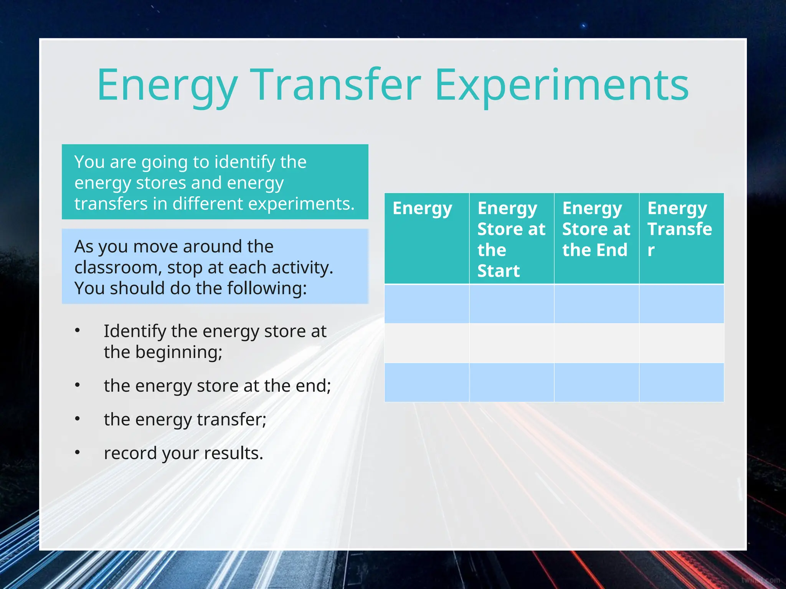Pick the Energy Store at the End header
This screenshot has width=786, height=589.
596,229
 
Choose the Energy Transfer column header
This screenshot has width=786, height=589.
680,229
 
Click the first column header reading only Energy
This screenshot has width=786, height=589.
422,208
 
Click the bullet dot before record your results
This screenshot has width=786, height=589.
78,453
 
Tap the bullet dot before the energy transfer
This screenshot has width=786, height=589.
78,419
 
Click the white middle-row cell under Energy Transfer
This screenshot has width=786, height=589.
682,343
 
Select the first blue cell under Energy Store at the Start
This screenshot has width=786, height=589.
512,303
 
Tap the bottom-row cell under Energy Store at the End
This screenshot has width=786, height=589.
596,382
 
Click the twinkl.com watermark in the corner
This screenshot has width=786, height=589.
760,580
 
